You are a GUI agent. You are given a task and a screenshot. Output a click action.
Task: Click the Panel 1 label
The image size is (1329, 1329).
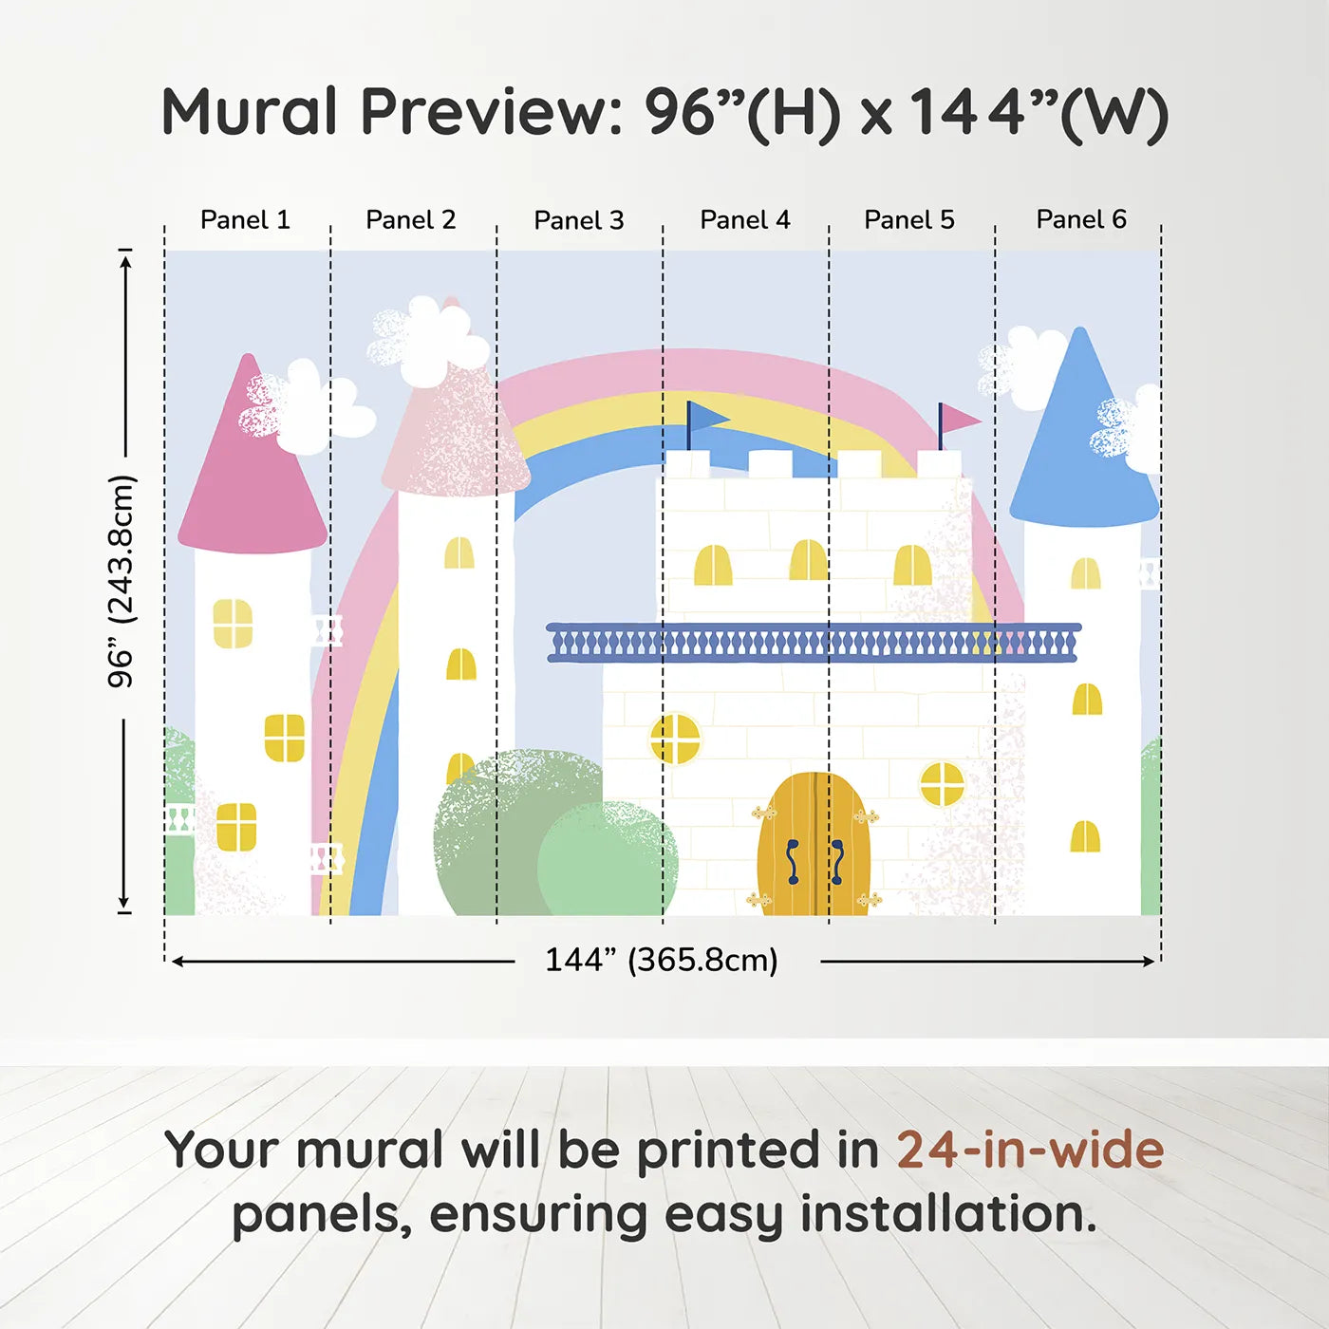coord(245,220)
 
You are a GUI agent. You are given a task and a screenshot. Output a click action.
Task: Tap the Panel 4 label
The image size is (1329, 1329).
coord(745,220)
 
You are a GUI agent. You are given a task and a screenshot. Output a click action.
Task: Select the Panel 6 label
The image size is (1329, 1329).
coord(1080,219)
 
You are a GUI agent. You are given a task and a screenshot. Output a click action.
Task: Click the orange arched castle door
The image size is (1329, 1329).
coord(814,844)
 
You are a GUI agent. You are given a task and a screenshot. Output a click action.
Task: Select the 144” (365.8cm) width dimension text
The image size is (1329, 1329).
coord(662,960)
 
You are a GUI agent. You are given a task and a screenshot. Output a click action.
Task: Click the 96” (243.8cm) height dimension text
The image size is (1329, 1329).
coord(122,581)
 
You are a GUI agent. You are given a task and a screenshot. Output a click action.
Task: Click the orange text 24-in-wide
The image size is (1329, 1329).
coord(1030,1150)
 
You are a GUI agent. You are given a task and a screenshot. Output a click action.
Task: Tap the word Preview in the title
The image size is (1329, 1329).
coord(492,112)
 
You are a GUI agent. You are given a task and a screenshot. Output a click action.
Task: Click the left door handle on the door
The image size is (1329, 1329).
coord(793,861)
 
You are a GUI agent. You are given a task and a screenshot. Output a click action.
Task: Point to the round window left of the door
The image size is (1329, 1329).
coord(675,739)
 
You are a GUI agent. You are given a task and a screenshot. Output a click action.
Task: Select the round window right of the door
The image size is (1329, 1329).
coord(942,784)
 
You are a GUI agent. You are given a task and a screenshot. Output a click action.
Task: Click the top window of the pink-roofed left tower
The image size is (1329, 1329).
coord(233,624)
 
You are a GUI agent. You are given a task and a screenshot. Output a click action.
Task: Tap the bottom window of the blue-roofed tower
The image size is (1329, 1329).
coord(1085,836)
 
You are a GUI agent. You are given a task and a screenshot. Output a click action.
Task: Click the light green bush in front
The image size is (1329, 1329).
coord(607,859)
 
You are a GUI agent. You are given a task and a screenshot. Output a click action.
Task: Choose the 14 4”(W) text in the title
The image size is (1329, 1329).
coord(1038,112)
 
